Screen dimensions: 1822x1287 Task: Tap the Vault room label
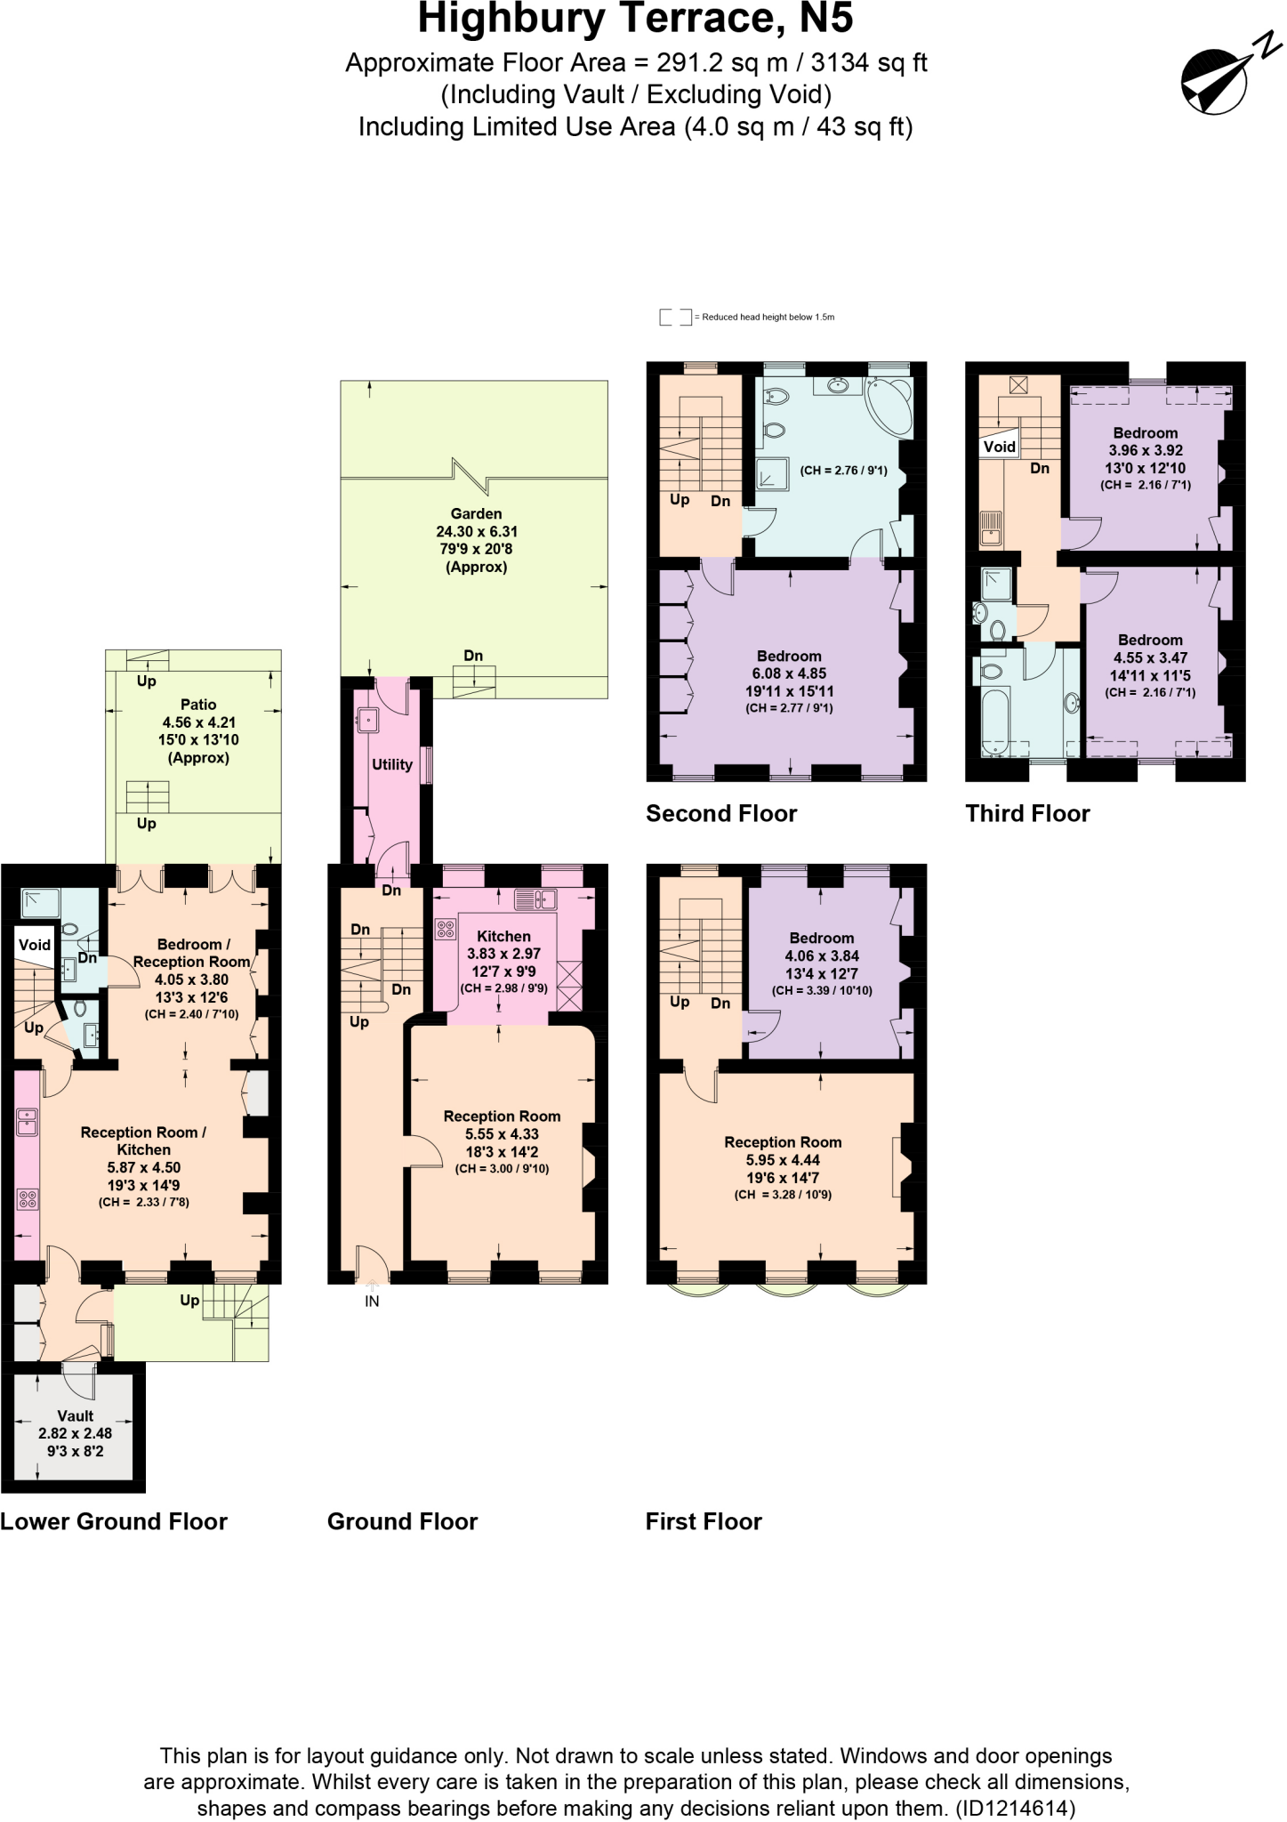(75, 1415)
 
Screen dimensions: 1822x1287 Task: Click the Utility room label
(392, 764)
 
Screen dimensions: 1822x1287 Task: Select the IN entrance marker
(372, 1301)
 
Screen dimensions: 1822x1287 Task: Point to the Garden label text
(476, 513)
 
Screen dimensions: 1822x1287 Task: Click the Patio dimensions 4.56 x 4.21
(198, 722)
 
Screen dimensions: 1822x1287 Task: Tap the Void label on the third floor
(999, 447)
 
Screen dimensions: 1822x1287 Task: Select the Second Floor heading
(721, 813)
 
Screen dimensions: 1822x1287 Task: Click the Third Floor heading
(1027, 813)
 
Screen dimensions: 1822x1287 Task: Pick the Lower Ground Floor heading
(114, 1521)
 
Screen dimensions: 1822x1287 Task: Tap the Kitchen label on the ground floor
(503, 936)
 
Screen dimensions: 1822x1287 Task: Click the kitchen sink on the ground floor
(535, 899)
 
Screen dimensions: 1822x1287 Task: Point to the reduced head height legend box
(675, 317)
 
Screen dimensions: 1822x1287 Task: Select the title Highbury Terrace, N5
(635, 20)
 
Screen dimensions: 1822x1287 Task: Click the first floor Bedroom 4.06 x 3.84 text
(821, 955)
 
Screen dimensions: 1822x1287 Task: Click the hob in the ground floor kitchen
(445, 930)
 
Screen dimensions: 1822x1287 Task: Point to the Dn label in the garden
(473, 656)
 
